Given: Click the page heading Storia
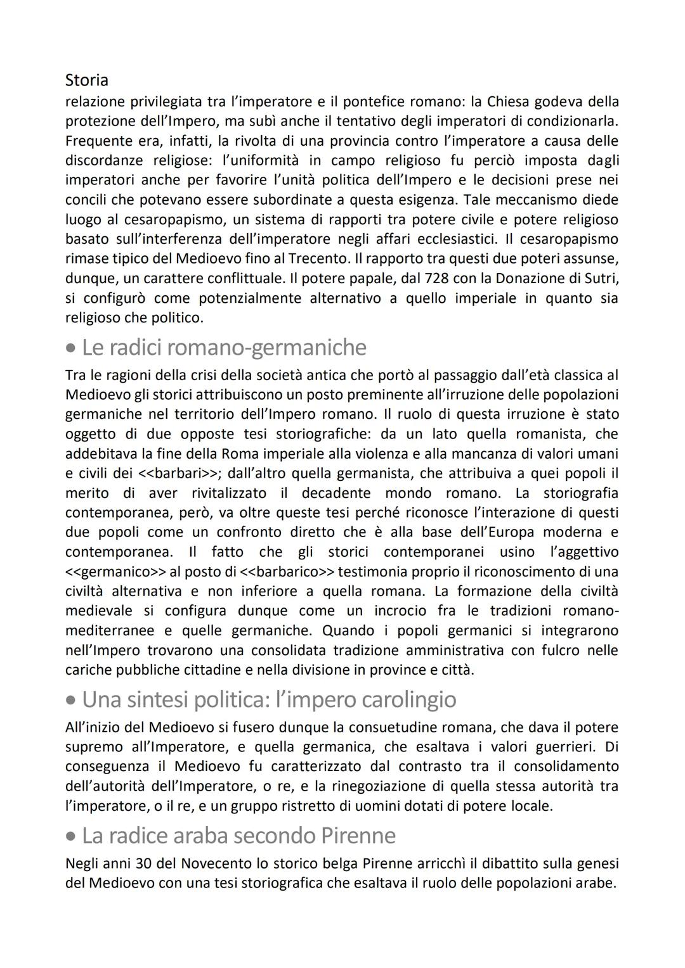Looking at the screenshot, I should click(x=87, y=80).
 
